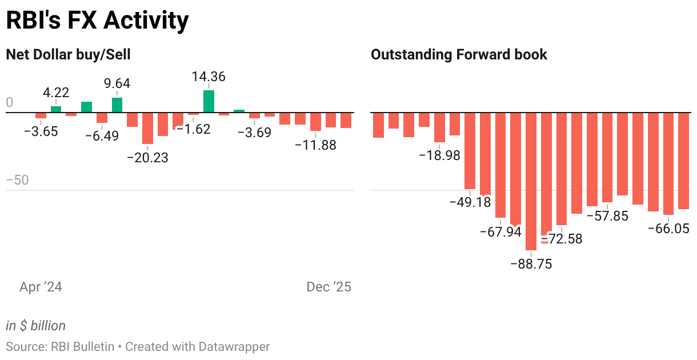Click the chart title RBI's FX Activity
(x=97, y=21)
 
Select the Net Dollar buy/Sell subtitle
(x=68, y=55)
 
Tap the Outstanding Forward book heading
(x=459, y=55)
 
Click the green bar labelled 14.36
(x=209, y=101)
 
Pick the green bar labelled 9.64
(x=117, y=105)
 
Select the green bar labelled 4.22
(x=56, y=109)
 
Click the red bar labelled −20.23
(x=147, y=128)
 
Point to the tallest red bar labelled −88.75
(x=531, y=181)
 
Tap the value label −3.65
(x=41, y=131)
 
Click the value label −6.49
(x=102, y=137)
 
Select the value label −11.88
(x=315, y=145)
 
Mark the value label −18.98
(x=439, y=155)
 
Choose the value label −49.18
(x=470, y=202)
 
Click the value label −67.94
(x=501, y=232)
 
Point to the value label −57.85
(x=608, y=216)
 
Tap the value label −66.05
(x=668, y=229)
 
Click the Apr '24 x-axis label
(x=41, y=287)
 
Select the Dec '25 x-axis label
(x=329, y=287)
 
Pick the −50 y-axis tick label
(x=17, y=181)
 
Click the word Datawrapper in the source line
(x=234, y=346)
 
